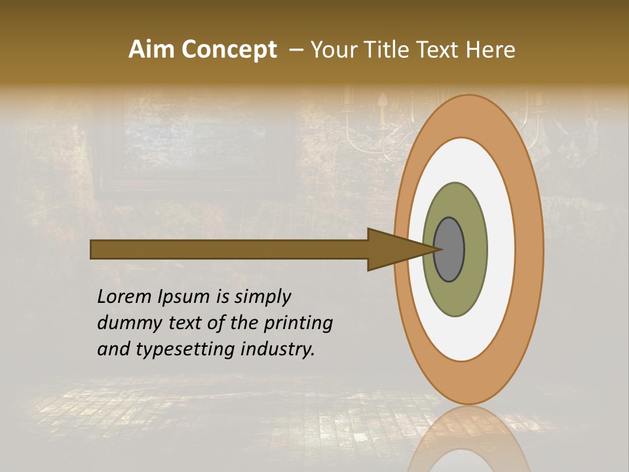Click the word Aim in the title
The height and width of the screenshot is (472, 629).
(151, 50)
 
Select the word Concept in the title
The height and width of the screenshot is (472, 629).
(229, 50)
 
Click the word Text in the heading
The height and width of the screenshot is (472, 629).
(437, 50)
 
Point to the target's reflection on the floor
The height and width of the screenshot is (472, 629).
(468, 439)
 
